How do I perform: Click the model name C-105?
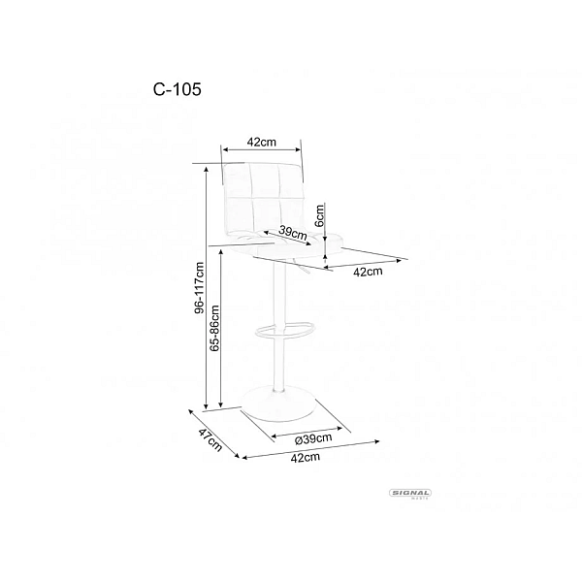(178, 89)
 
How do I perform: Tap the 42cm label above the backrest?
(262, 142)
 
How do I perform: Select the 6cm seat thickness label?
(318, 215)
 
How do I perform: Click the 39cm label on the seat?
(293, 233)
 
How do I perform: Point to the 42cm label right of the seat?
(368, 272)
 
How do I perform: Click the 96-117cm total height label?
(200, 288)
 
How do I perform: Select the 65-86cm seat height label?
(214, 328)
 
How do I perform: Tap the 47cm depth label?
(210, 440)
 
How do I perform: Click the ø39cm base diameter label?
(313, 439)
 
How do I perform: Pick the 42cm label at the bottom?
(306, 457)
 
